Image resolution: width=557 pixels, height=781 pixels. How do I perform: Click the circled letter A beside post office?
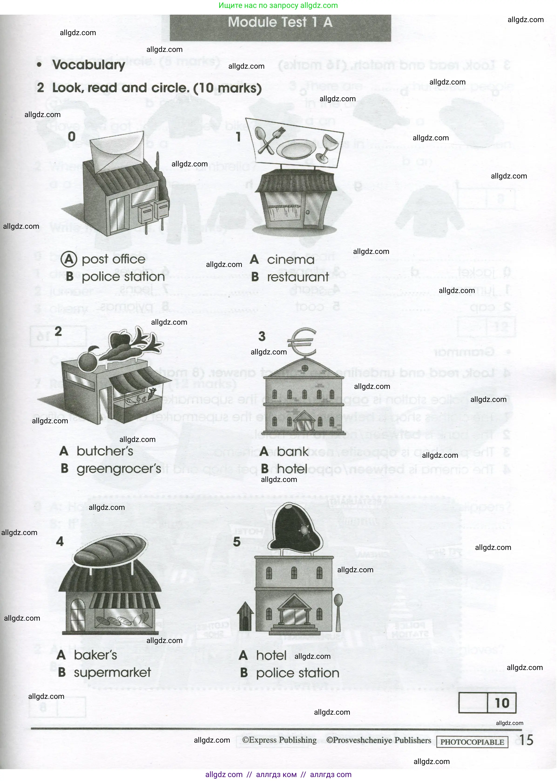coord(69,259)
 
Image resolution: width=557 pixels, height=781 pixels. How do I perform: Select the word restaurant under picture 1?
coord(298,277)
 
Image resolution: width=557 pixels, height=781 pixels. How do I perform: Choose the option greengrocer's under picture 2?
coord(119,469)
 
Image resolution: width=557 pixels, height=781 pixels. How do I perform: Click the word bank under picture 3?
coord(293,451)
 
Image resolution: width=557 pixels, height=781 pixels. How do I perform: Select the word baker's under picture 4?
coord(95,655)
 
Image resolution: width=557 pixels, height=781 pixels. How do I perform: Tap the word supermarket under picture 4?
coord(112,673)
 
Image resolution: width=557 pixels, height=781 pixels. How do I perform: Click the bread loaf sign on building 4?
coord(110,548)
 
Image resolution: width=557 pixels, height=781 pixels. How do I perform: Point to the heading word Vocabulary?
coord(88,65)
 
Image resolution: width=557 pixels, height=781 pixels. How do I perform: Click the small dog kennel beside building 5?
coord(246,616)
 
